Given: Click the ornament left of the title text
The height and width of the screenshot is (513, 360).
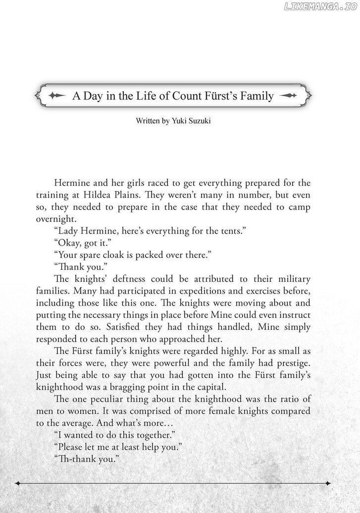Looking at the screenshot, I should point(59,96).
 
